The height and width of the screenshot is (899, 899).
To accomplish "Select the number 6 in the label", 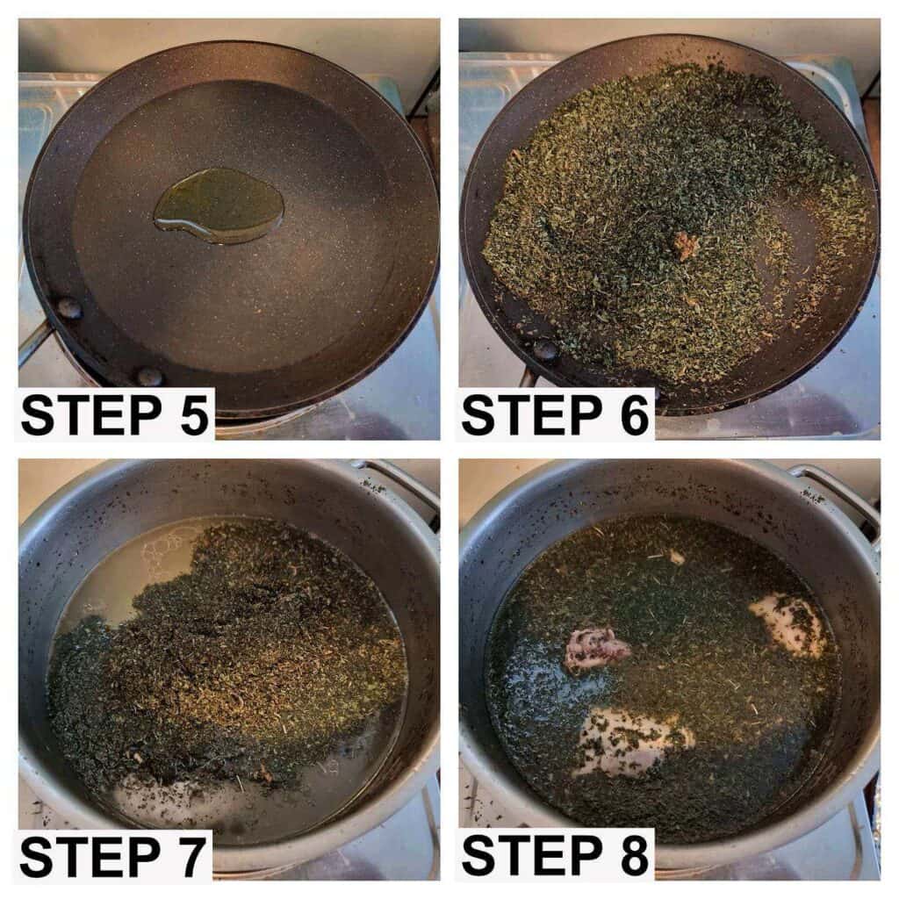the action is [x=634, y=415].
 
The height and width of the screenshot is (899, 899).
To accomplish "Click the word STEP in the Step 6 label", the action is [x=531, y=415].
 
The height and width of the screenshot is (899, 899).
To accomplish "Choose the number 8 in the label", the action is [x=634, y=856].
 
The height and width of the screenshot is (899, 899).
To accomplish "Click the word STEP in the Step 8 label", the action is [x=531, y=856].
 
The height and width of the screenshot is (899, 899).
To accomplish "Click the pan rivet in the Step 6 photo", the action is [x=545, y=349].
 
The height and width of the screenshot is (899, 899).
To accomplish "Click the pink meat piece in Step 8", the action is [x=597, y=647].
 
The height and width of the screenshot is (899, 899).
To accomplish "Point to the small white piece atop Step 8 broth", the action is [x=677, y=556].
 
